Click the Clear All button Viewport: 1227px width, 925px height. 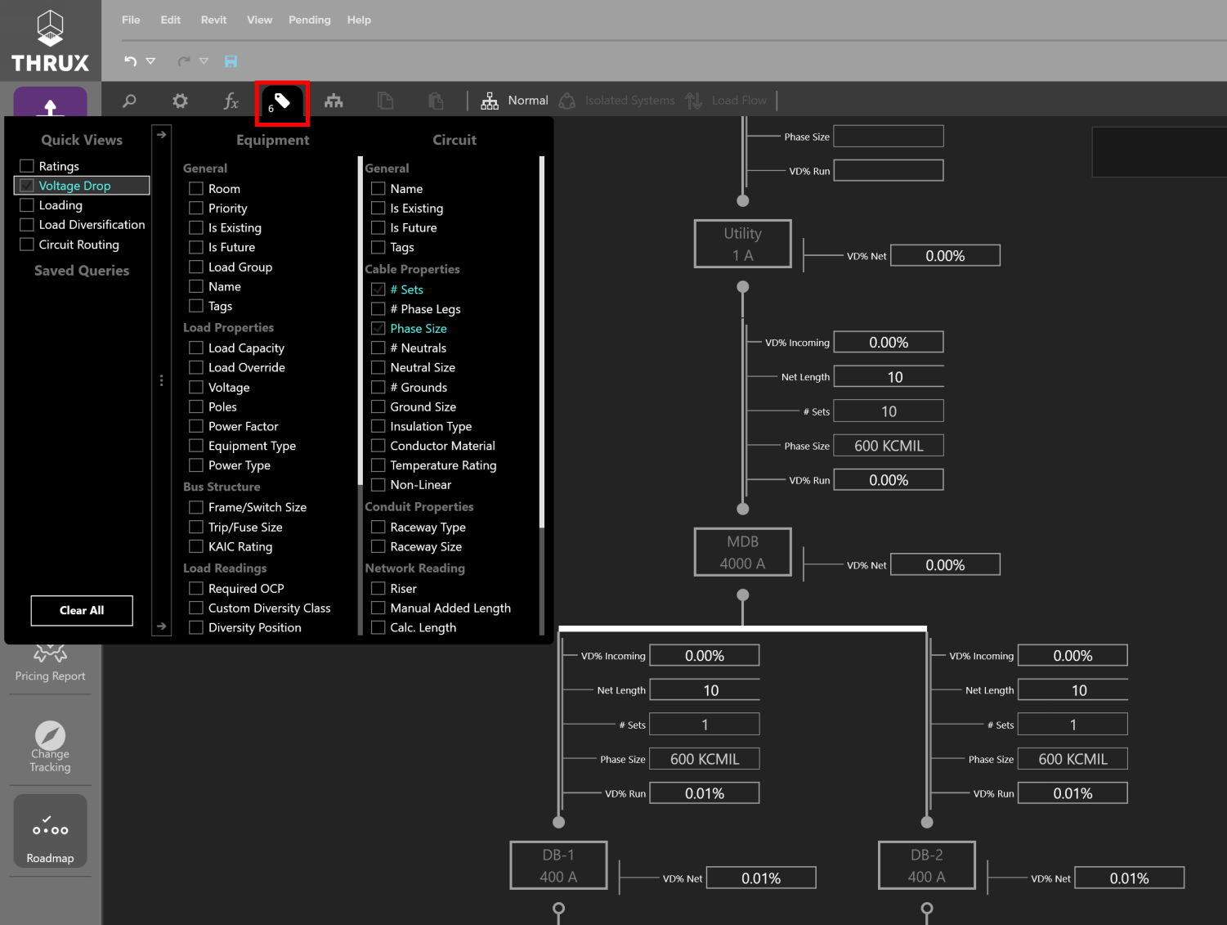point(82,610)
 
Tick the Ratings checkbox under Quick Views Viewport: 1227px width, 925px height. point(27,166)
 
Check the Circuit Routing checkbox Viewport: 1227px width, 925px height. point(27,245)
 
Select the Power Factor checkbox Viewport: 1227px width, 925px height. point(195,426)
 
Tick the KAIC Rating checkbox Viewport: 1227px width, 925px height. point(195,546)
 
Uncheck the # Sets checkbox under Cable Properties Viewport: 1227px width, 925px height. point(378,290)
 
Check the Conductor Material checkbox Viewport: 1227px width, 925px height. point(378,446)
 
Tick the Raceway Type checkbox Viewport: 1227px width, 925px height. point(378,527)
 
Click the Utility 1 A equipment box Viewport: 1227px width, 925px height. point(742,244)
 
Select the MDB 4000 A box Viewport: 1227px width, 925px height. point(742,552)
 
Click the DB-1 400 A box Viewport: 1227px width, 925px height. point(558,865)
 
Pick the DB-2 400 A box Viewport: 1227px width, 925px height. point(927,865)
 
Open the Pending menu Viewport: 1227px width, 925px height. point(309,20)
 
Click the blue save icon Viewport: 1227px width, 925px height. point(231,61)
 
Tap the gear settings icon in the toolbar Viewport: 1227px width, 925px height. point(180,101)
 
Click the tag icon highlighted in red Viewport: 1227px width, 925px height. point(282,102)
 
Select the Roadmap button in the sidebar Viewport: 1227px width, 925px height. point(51,832)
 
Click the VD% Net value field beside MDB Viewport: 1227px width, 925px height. point(945,565)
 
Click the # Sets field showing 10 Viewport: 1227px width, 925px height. point(889,411)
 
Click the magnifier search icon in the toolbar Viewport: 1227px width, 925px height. point(129,101)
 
